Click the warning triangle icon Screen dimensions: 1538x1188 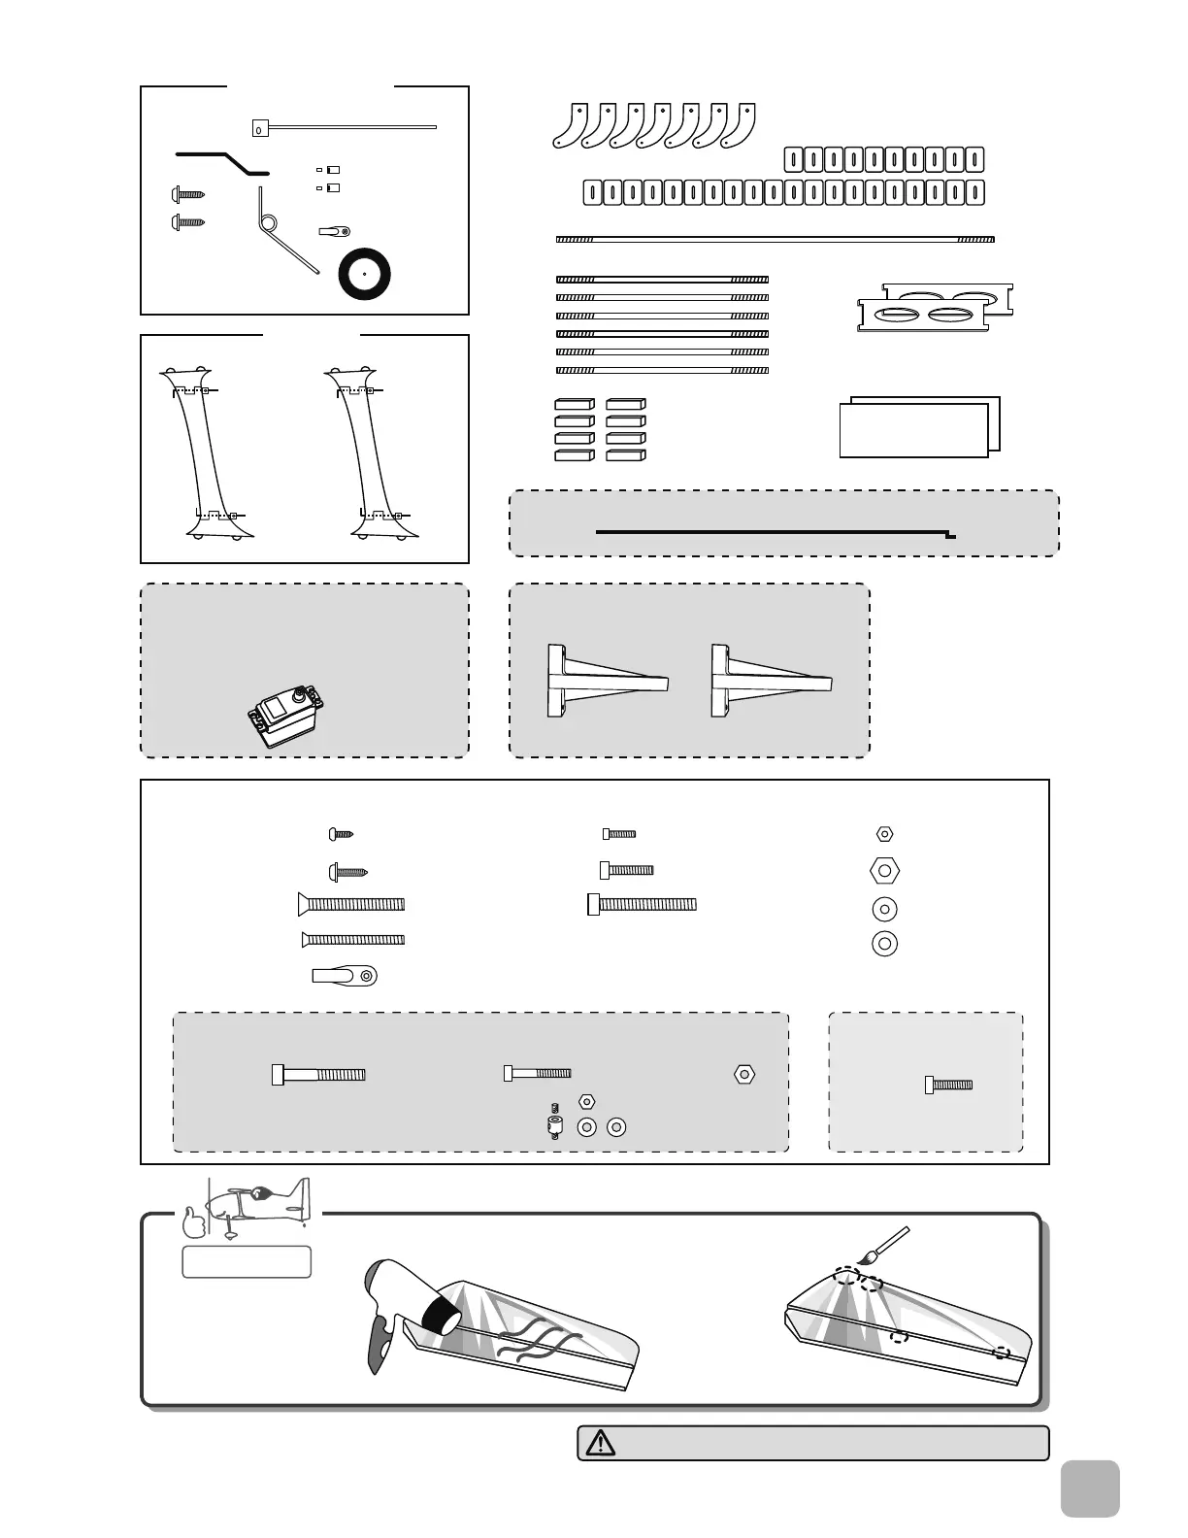click(600, 1443)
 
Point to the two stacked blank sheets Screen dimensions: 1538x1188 click(919, 426)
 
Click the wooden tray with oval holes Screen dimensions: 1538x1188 click(934, 308)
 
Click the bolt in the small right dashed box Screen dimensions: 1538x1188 click(948, 1085)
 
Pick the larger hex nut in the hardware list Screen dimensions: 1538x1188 click(884, 871)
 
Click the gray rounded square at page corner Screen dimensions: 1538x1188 click(1090, 1488)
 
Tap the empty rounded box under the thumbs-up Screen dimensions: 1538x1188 click(247, 1261)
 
